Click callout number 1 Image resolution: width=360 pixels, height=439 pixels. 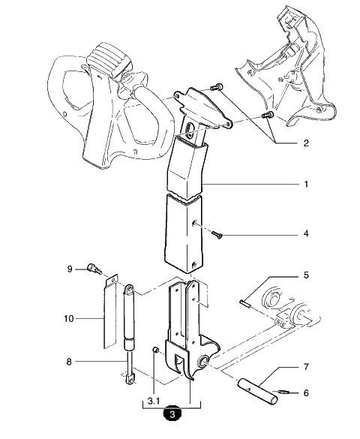(306, 184)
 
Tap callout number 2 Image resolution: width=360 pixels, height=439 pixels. (306, 143)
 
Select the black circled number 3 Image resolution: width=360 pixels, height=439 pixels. (172, 414)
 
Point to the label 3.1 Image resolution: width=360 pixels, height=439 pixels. (154, 401)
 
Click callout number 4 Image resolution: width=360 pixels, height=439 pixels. (306, 233)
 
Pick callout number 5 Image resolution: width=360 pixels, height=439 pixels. (306, 275)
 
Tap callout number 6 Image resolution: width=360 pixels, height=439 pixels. (306, 392)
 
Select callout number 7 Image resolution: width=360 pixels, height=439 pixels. (306, 366)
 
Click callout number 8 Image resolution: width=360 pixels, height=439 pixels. (69, 362)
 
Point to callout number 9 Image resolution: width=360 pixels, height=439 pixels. (70, 269)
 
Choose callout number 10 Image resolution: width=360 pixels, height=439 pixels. (69, 319)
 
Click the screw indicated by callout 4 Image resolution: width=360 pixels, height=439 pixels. (217, 235)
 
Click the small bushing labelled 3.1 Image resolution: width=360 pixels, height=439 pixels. (156, 350)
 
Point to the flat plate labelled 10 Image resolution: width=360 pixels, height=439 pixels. (110, 311)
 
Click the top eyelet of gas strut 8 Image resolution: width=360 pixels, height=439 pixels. (129, 290)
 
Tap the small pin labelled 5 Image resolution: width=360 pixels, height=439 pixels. (244, 303)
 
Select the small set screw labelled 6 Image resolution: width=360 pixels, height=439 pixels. (283, 392)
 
